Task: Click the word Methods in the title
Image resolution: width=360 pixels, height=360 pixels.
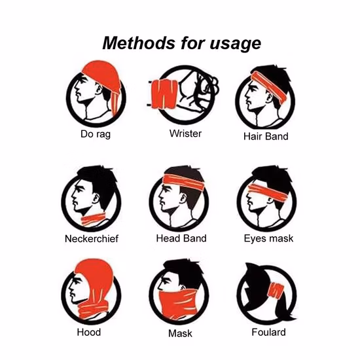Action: click(139, 43)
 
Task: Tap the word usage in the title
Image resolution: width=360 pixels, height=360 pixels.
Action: click(236, 45)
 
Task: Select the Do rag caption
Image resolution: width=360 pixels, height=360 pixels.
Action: click(96, 134)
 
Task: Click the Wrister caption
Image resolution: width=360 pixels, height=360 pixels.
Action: click(185, 134)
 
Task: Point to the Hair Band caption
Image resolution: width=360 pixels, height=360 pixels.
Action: click(266, 136)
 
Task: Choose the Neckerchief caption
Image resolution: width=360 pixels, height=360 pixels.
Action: click(92, 239)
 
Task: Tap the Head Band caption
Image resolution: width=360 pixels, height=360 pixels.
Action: click(181, 238)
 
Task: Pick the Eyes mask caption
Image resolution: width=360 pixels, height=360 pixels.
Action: click(268, 238)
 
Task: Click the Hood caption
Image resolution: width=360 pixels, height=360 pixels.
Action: click(89, 333)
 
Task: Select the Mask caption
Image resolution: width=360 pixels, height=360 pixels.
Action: click(180, 333)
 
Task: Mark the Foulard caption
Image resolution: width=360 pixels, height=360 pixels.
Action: click(268, 333)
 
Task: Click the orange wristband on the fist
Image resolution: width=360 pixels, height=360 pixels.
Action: click(164, 94)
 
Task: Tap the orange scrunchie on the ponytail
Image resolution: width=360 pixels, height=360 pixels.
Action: click(276, 291)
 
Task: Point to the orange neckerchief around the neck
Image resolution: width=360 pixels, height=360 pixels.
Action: click(94, 220)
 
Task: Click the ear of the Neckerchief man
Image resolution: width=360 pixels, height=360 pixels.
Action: click(96, 198)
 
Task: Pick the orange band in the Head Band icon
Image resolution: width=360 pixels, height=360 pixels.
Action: click(184, 181)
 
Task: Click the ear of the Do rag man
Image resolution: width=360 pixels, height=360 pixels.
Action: click(99, 89)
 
